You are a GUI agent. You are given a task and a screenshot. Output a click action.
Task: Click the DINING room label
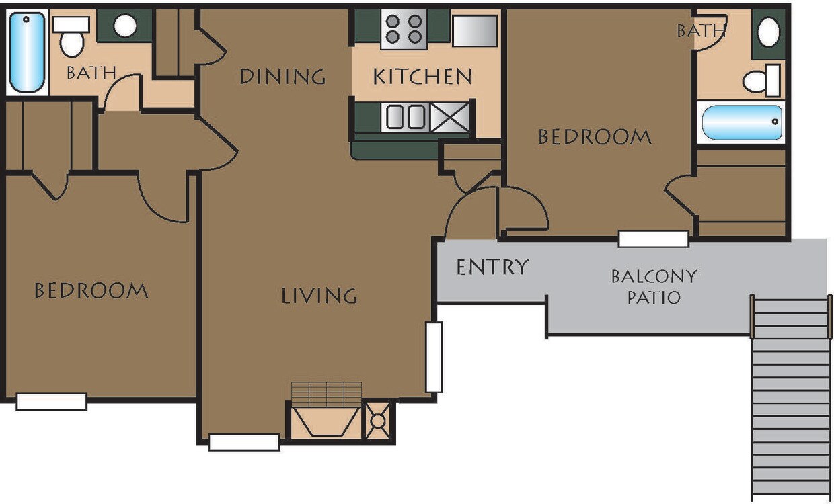click(x=282, y=76)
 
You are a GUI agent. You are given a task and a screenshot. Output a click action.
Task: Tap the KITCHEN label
click(x=422, y=76)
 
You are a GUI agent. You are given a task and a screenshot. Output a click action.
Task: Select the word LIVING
click(x=319, y=295)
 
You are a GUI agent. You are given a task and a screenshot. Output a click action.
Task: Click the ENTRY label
click(x=492, y=267)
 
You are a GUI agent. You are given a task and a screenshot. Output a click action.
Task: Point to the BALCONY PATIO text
click(x=654, y=286)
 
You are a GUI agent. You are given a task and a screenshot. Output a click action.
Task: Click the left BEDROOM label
click(x=91, y=290)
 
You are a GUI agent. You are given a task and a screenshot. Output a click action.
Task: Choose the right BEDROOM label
click(x=595, y=137)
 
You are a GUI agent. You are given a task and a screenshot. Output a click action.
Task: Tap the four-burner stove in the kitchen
click(x=404, y=30)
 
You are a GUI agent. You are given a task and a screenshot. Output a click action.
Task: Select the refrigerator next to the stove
click(x=475, y=31)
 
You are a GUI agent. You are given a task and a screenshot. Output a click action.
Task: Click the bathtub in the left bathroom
click(x=27, y=52)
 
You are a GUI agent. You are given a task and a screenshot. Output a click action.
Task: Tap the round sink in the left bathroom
click(x=124, y=26)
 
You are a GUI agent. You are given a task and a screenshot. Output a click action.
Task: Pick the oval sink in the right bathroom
click(x=769, y=32)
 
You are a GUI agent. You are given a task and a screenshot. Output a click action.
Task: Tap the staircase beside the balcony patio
click(x=791, y=396)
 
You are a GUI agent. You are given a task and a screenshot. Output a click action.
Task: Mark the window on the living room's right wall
click(x=434, y=357)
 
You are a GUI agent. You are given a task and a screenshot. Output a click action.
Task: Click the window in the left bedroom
click(x=52, y=401)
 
